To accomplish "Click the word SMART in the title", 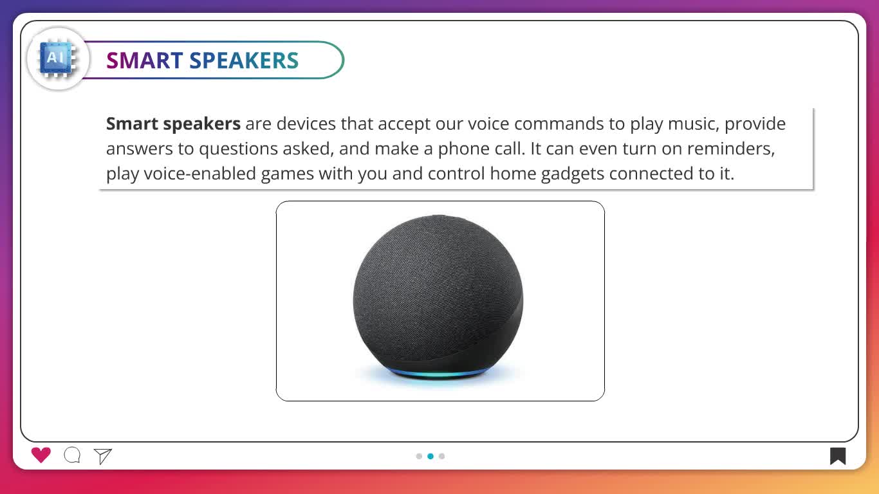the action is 144,60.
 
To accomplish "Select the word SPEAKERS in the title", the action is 244,60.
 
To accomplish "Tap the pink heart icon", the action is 41,455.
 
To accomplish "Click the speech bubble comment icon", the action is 72,455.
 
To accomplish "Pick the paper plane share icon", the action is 103,456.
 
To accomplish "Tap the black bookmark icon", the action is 838,456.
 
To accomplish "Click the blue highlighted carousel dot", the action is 430,456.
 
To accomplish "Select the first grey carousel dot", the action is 419,456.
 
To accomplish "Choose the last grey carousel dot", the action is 442,456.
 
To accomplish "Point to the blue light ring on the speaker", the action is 438,374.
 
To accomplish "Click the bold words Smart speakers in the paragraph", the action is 173,124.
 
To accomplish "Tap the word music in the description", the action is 694,124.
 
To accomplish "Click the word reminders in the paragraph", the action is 731,149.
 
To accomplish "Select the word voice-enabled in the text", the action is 199,174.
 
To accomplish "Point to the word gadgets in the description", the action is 573,174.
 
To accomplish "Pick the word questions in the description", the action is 238,149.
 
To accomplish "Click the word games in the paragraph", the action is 287,174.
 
